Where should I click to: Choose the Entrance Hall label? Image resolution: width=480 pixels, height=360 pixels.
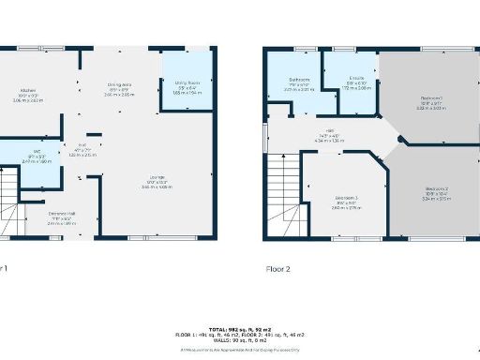[x=62, y=214]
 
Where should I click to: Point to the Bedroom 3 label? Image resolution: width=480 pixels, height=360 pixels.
[x=346, y=198]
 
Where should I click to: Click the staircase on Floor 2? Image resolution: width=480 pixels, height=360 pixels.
[x=281, y=192]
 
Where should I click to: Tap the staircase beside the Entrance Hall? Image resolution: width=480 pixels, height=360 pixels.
[x=12, y=202]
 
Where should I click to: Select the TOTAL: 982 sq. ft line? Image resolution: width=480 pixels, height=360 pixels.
[x=239, y=327]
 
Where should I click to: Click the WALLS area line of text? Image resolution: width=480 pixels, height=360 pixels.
[x=239, y=338]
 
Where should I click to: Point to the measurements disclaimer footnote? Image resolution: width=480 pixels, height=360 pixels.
[x=239, y=349]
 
